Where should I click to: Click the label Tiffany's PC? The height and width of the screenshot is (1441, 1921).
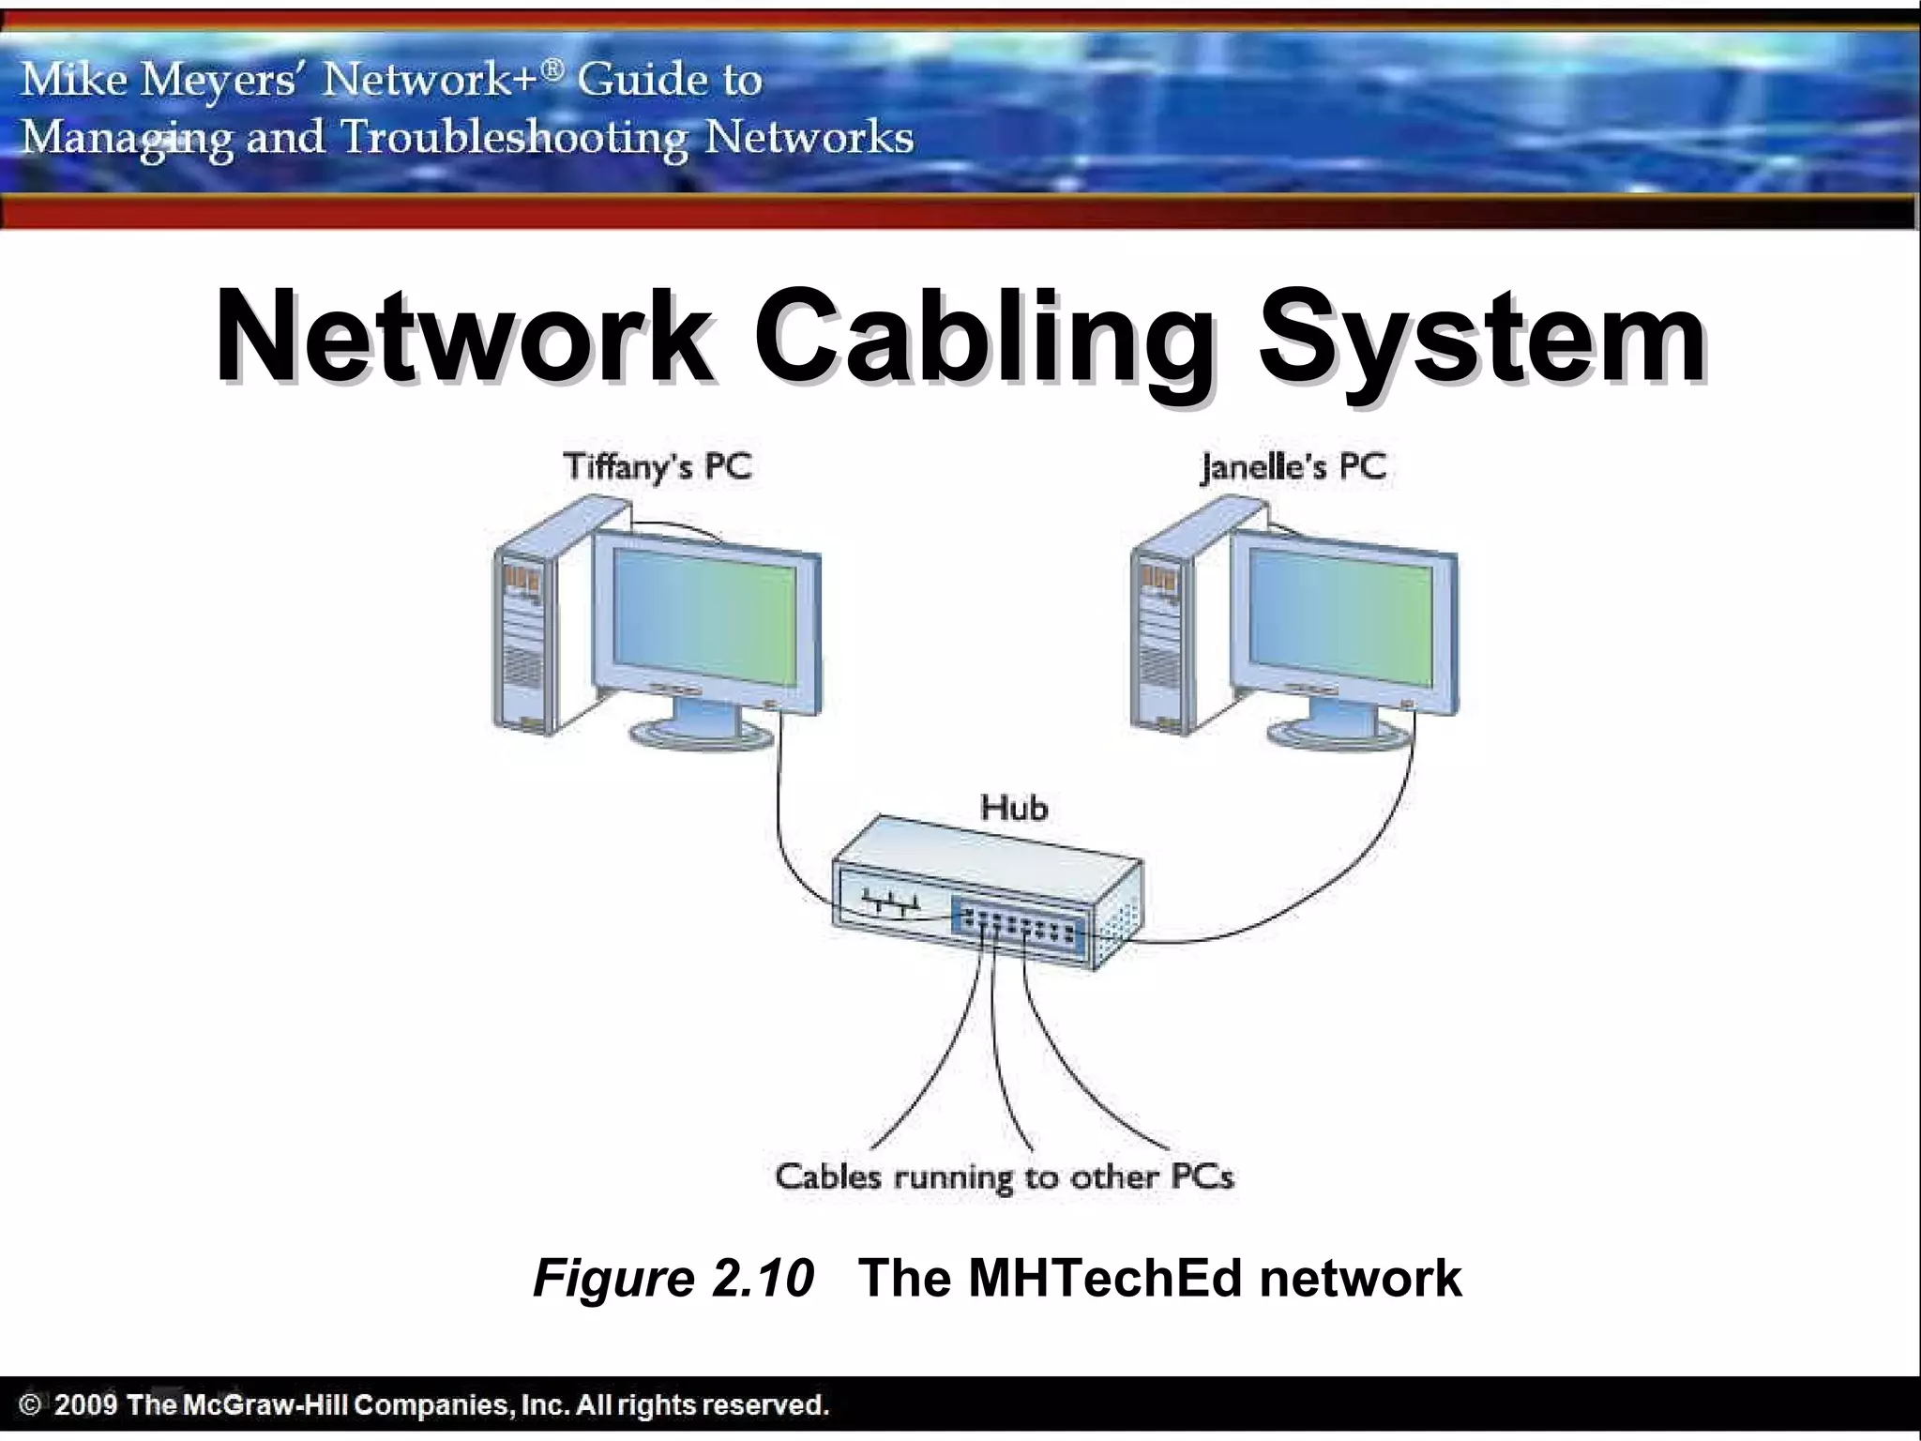click(x=657, y=466)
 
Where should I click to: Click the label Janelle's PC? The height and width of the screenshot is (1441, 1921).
click(x=1293, y=466)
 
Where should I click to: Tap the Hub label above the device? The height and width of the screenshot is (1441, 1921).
click(x=1013, y=808)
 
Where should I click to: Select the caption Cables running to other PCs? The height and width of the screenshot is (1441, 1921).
click(x=1004, y=1176)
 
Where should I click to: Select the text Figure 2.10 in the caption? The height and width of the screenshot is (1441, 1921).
click(x=673, y=1278)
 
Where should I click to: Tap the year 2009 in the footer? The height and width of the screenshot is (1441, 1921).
click(x=85, y=1404)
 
